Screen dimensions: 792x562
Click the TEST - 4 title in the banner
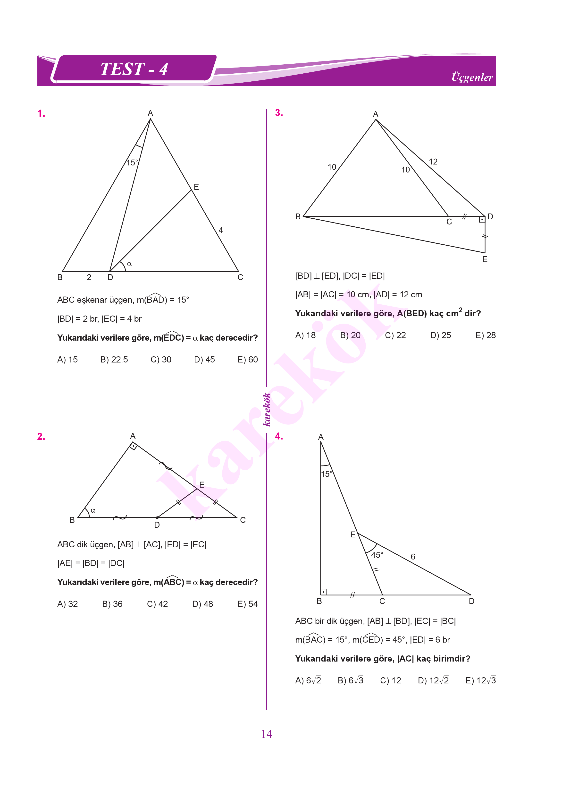coord(134,69)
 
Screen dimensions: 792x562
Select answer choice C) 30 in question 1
coord(161,360)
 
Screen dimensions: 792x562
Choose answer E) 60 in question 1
coord(247,360)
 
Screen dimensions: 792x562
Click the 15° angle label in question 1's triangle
coord(132,163)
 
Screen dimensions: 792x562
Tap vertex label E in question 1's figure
coord(196,187)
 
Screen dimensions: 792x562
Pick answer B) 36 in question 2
coord(112,604)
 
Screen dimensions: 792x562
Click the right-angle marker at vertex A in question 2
coord(133,446)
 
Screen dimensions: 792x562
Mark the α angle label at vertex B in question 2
coord(93,510)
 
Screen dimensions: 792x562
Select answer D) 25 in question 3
coord(441,335)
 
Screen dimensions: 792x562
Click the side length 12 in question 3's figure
coord(433,162)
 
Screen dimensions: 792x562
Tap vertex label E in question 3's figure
coord(485,259)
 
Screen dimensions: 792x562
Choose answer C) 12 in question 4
coord(390,680)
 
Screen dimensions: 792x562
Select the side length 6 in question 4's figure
coord(413,557)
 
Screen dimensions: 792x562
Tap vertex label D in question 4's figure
coord(472,601)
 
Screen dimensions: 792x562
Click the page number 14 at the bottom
coord(267,734)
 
